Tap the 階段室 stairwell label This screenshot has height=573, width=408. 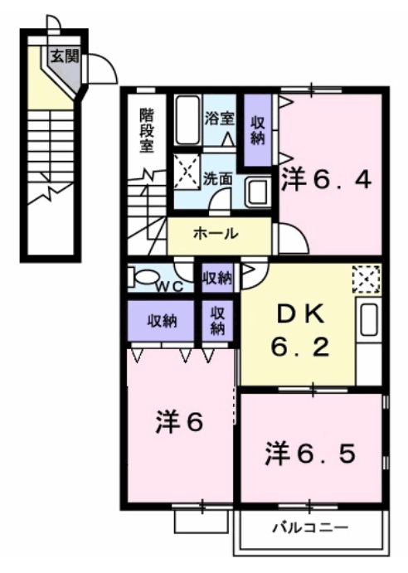[x=147, y=130]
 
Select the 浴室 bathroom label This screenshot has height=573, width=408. [x=218, y=118]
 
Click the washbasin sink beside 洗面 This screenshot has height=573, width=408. [x=257, y=192]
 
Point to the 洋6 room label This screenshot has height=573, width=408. [x=178, y=422]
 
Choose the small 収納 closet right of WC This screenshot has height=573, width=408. [x=217, y=278]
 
